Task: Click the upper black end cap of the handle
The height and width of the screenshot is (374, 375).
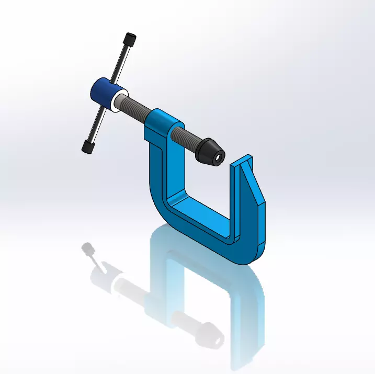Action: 130,40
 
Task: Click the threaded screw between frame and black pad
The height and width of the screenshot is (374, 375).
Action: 190,137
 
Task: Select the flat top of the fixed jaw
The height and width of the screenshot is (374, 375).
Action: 242,161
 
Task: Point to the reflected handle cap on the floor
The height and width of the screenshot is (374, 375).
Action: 87,248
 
